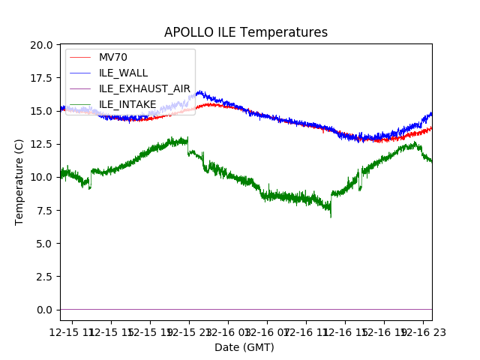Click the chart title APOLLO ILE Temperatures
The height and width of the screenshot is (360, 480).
pos(246,33)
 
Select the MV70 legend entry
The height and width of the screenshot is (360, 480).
pos(113,57)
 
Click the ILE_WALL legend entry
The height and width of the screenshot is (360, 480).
pos(123,73)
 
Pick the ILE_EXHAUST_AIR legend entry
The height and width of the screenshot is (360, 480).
pos(145,88)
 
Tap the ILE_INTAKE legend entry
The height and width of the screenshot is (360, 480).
pos(127,104)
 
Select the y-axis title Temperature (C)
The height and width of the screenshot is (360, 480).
pos(19,181)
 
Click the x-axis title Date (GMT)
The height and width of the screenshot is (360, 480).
pos(244,347)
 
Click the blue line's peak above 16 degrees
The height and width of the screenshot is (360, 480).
pos(199,92)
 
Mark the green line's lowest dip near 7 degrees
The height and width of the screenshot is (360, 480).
pos(331,216)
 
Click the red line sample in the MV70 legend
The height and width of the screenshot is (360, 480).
pos(79,57)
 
